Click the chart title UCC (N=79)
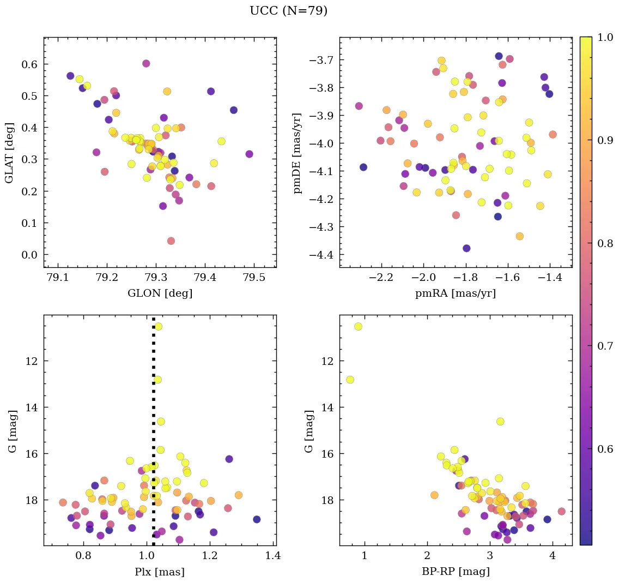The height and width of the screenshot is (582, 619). tap(288, 11)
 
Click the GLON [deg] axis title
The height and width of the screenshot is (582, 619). tap(160, 293)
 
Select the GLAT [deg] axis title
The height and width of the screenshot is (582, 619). tap(9, 152)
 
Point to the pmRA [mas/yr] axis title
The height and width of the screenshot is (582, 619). tap(456, 293)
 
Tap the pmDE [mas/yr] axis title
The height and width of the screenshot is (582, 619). tap(297, 152)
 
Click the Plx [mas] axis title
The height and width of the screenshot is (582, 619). tap(160, 572)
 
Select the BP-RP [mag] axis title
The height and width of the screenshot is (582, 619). tap(456, 572)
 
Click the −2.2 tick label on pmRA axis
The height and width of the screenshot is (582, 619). tap(381, 278)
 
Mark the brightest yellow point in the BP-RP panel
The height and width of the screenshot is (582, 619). tap(358, 326)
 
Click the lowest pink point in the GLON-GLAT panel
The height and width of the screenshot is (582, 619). tap(171, 241)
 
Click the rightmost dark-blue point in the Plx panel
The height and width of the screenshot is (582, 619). tap(257, 519)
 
